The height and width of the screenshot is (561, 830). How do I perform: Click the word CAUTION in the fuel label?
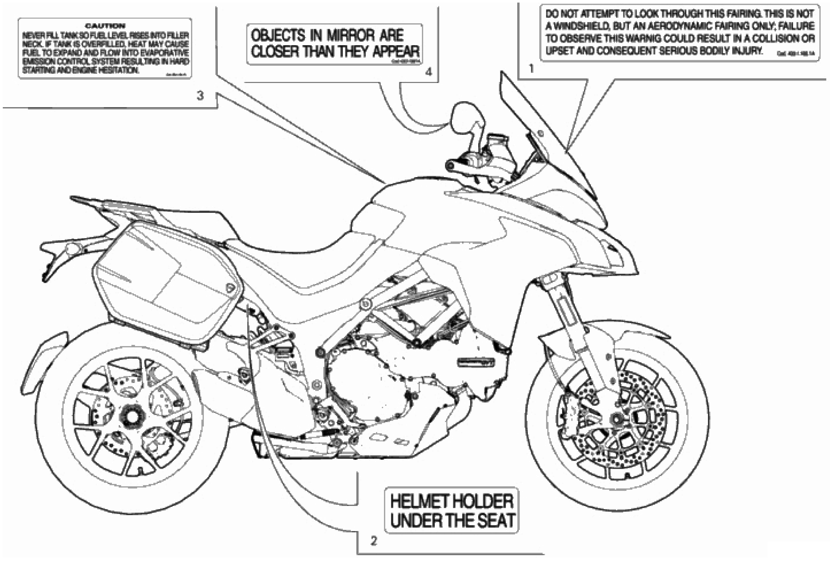pyautogui.click(x=105, y=26)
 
